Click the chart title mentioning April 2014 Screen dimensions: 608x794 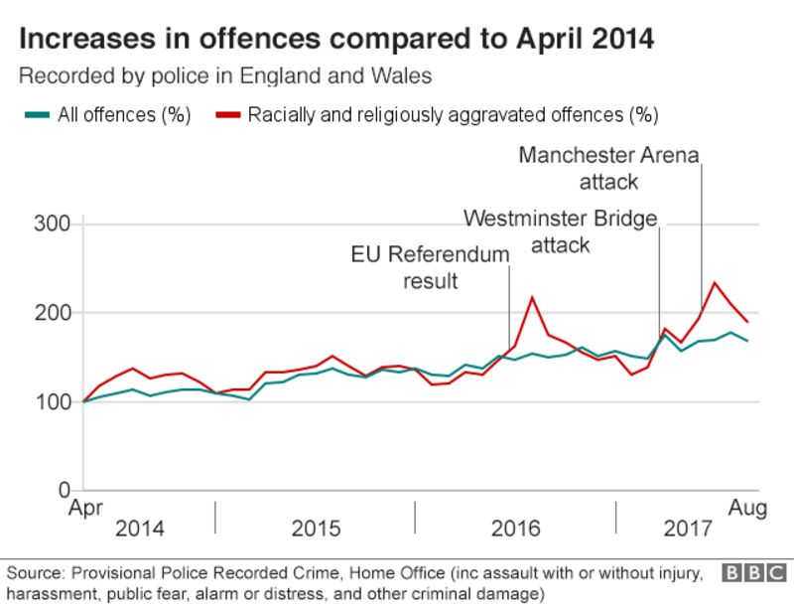(x=336, y=40)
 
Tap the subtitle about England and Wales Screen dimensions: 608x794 (x=225, y=76)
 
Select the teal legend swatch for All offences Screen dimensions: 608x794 (x=37, y=114)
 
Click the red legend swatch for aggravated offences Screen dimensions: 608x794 (x=227, y=114)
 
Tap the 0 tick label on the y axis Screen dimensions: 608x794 (x=62, y=491)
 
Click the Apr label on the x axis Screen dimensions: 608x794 (x=85, y=509)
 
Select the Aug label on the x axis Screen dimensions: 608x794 (x=749, y=509)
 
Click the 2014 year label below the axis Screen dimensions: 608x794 (x=140, y=529)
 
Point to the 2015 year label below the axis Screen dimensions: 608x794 (x=316, y=529)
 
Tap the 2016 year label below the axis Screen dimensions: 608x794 (x=516, y=529)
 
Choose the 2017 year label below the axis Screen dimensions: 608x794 (x=688, y=529)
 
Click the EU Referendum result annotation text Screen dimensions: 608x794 (x=430, y=267)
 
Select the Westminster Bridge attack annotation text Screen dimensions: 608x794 (x=561, y=230)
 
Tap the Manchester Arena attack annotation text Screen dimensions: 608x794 (x=608, y=168)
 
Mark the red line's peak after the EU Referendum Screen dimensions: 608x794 (x=533, y=296)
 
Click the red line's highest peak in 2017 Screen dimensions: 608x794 (x=715, y=282)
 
